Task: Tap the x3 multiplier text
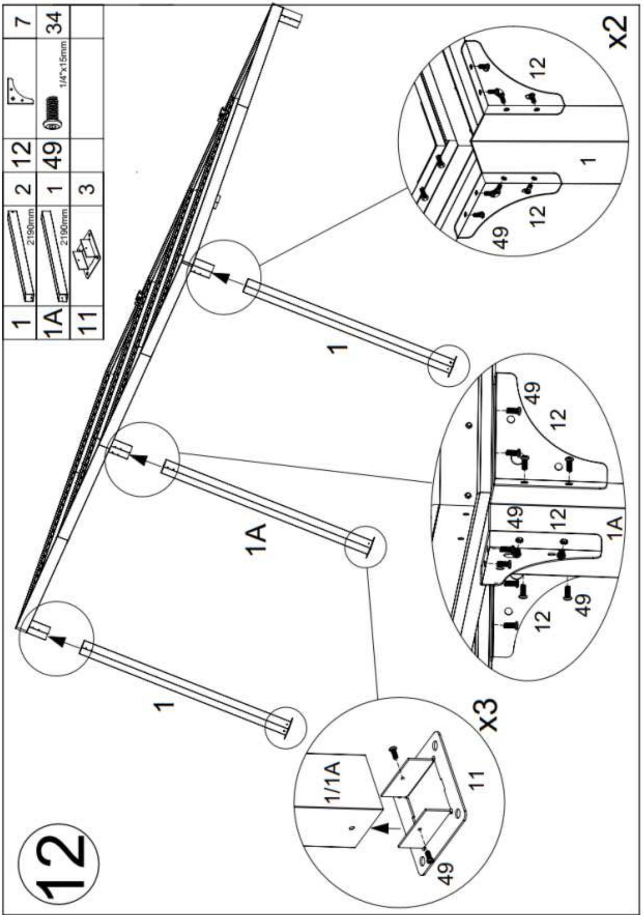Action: coord(487,715)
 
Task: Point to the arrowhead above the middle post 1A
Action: coord(141,460)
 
